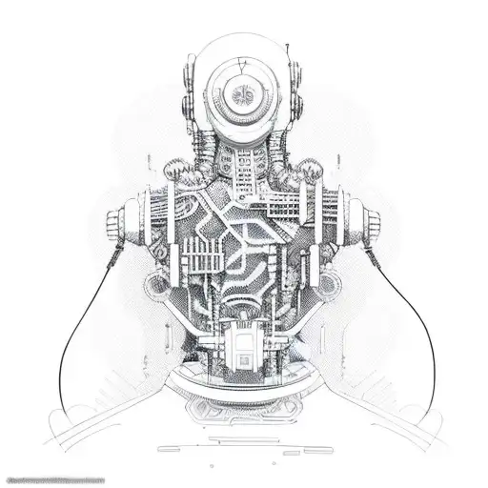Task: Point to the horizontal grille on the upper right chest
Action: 286,205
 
